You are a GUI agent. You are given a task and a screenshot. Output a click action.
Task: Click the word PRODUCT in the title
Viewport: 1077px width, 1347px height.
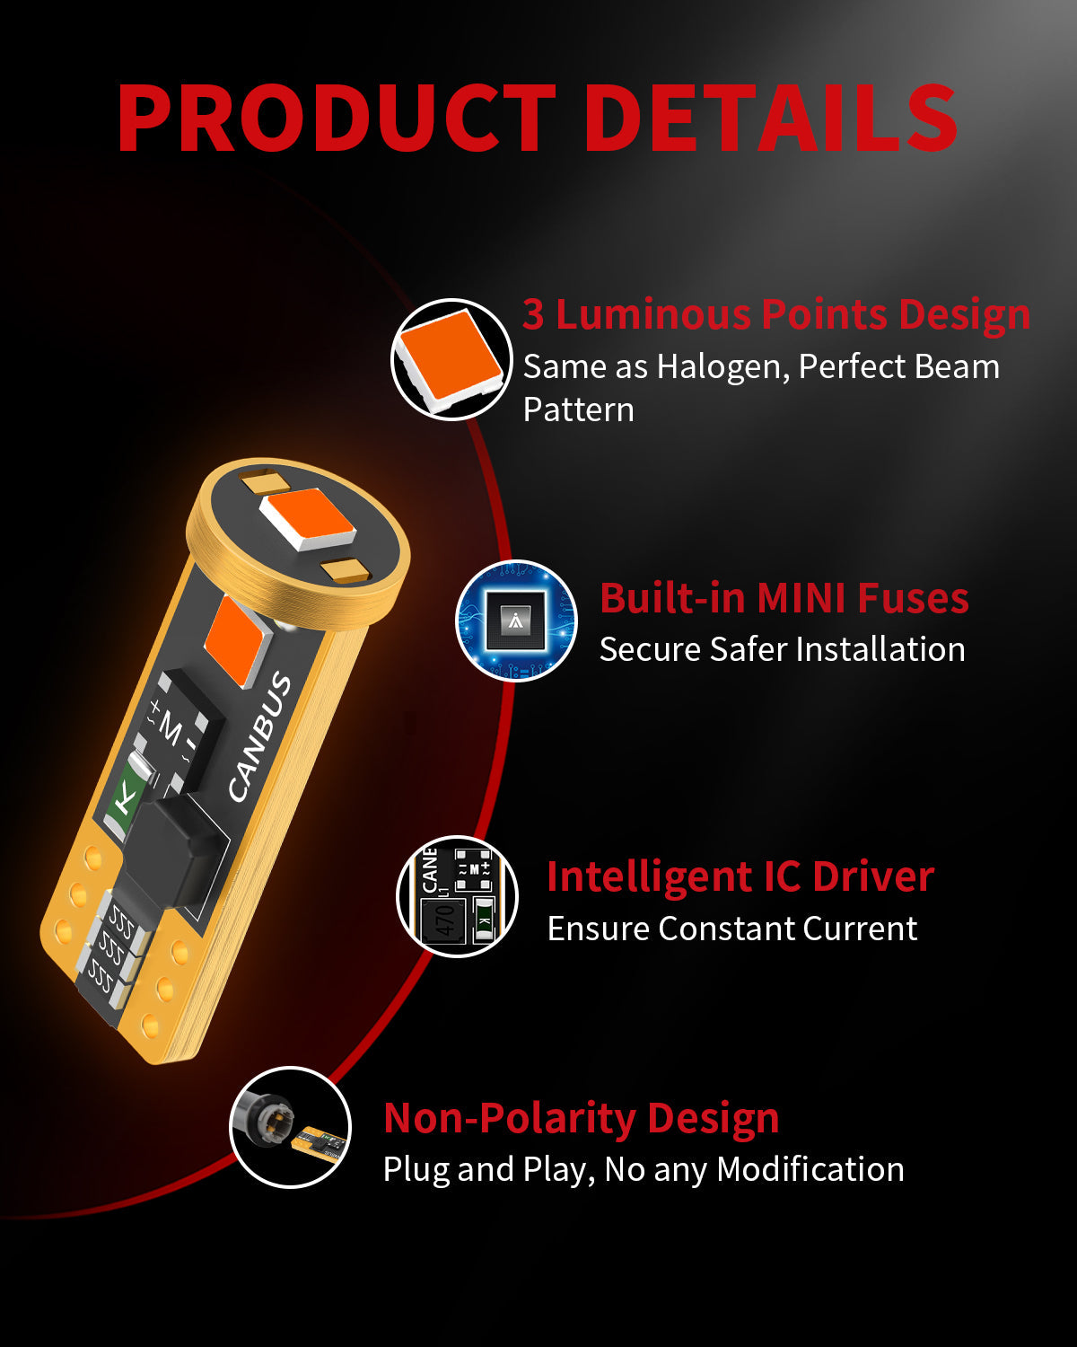coord(336,118)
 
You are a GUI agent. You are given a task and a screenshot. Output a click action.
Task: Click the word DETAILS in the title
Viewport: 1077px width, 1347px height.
coord(770,118)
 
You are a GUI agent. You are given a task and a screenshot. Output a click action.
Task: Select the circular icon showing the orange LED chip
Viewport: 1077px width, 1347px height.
coord(451,359)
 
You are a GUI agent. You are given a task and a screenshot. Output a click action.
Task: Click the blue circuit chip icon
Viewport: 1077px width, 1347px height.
coord(516,621)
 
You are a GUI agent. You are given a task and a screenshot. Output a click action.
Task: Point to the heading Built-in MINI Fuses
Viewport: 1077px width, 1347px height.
coord(784,598)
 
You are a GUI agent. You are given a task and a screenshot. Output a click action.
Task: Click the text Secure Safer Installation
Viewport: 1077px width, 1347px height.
coord(783,649)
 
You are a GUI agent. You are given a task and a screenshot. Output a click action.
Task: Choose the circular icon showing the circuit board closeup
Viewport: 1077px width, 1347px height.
coord(458,896)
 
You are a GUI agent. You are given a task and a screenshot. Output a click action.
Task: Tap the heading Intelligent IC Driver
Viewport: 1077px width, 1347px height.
coord(740,876)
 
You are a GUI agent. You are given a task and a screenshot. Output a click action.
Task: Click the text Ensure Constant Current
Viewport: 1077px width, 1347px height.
coord(732,928)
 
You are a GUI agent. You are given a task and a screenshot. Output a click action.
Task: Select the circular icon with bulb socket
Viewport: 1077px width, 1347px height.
coord(291,1127)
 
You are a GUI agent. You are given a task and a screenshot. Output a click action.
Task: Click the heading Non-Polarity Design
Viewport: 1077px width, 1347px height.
coord(582,1119)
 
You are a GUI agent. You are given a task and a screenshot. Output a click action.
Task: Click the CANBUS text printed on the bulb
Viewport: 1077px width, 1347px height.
coord(259,736)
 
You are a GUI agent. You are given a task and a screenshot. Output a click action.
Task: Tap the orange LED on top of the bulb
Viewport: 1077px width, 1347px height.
coord(308,519)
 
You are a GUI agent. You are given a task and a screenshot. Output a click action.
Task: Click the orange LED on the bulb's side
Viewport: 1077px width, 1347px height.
coord(237,641)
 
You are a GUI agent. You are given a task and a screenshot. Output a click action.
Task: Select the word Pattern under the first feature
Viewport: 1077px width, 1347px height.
coord(578,410)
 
